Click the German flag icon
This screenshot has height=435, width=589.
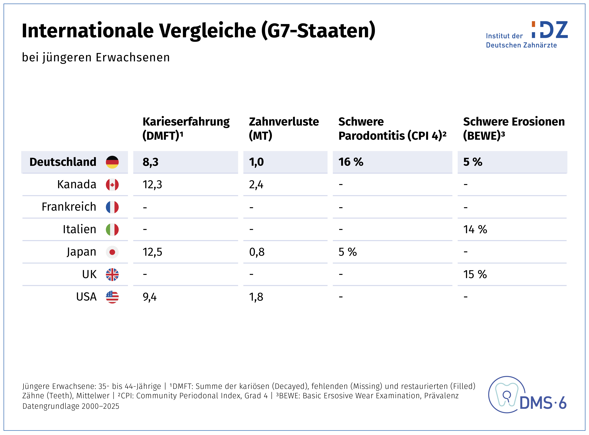coord(112,162)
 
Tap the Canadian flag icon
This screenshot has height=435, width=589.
coord(112,185)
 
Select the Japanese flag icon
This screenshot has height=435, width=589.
coord(112,252)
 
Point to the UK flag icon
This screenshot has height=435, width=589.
coord(112,275)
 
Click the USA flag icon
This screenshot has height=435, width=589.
coord(112,297)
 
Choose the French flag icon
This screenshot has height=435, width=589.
coord(112,207)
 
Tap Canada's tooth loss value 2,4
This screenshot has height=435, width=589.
coord(256,185)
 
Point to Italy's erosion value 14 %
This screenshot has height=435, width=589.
coord(475,229)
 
